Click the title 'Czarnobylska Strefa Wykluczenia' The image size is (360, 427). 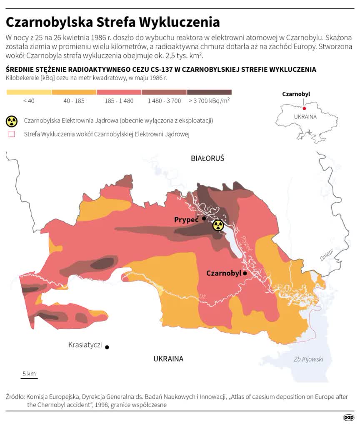coord(112,22)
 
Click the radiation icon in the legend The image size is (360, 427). coord(12,121)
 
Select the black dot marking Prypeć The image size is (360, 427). coord(204,219)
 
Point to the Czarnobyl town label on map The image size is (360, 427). coord(224,273)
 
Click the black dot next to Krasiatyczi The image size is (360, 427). coord(107,347)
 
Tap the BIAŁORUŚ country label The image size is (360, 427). coord(207,158)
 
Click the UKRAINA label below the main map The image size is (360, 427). coord(168,359)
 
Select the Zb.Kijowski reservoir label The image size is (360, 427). coord(308,359)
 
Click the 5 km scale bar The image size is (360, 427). coord(29,378)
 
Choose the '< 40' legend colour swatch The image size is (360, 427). coord(29,92)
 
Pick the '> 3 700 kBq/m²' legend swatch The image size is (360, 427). coord(209,92)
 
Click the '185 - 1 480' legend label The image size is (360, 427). coord(119,100)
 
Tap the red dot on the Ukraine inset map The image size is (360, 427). coord(304,108)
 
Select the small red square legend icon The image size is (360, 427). coord(12,134)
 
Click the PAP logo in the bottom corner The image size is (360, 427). coord(348,417)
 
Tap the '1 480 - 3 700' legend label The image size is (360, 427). coord(164,100)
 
